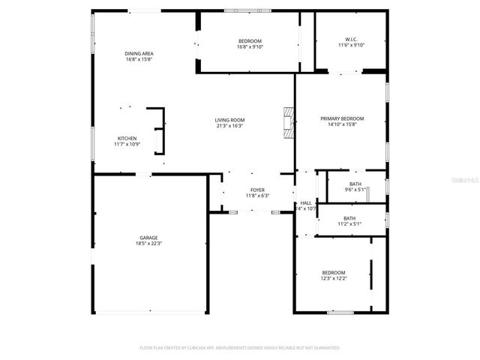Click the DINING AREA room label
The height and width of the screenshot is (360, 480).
[139, 53]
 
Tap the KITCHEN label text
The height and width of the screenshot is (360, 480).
[127, 138]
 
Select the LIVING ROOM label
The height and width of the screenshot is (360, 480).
[229, 120]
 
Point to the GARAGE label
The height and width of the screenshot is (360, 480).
[148, 237]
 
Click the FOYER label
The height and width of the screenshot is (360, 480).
[257, 190]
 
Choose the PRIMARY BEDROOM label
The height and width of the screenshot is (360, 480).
[342, 118]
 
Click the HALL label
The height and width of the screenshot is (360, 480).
[306, 202]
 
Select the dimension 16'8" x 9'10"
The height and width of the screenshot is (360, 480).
[250, 46]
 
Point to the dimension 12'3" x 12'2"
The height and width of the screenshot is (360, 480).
[334, 278]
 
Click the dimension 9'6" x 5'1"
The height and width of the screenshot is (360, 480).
[355, 190]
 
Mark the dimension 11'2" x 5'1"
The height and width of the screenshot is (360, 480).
[349, 223]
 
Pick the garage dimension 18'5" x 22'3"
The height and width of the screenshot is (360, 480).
[148, 244]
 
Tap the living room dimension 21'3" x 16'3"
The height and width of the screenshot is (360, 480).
[229, 126]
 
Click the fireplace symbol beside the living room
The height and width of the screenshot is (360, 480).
[288, 121]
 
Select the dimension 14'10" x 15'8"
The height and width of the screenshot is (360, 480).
[342, 125]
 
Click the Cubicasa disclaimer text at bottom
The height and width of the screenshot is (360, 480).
[240, 348]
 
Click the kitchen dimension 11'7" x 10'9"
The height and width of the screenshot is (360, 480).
[127, 144]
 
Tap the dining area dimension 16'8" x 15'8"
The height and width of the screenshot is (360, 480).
[139, 59]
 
